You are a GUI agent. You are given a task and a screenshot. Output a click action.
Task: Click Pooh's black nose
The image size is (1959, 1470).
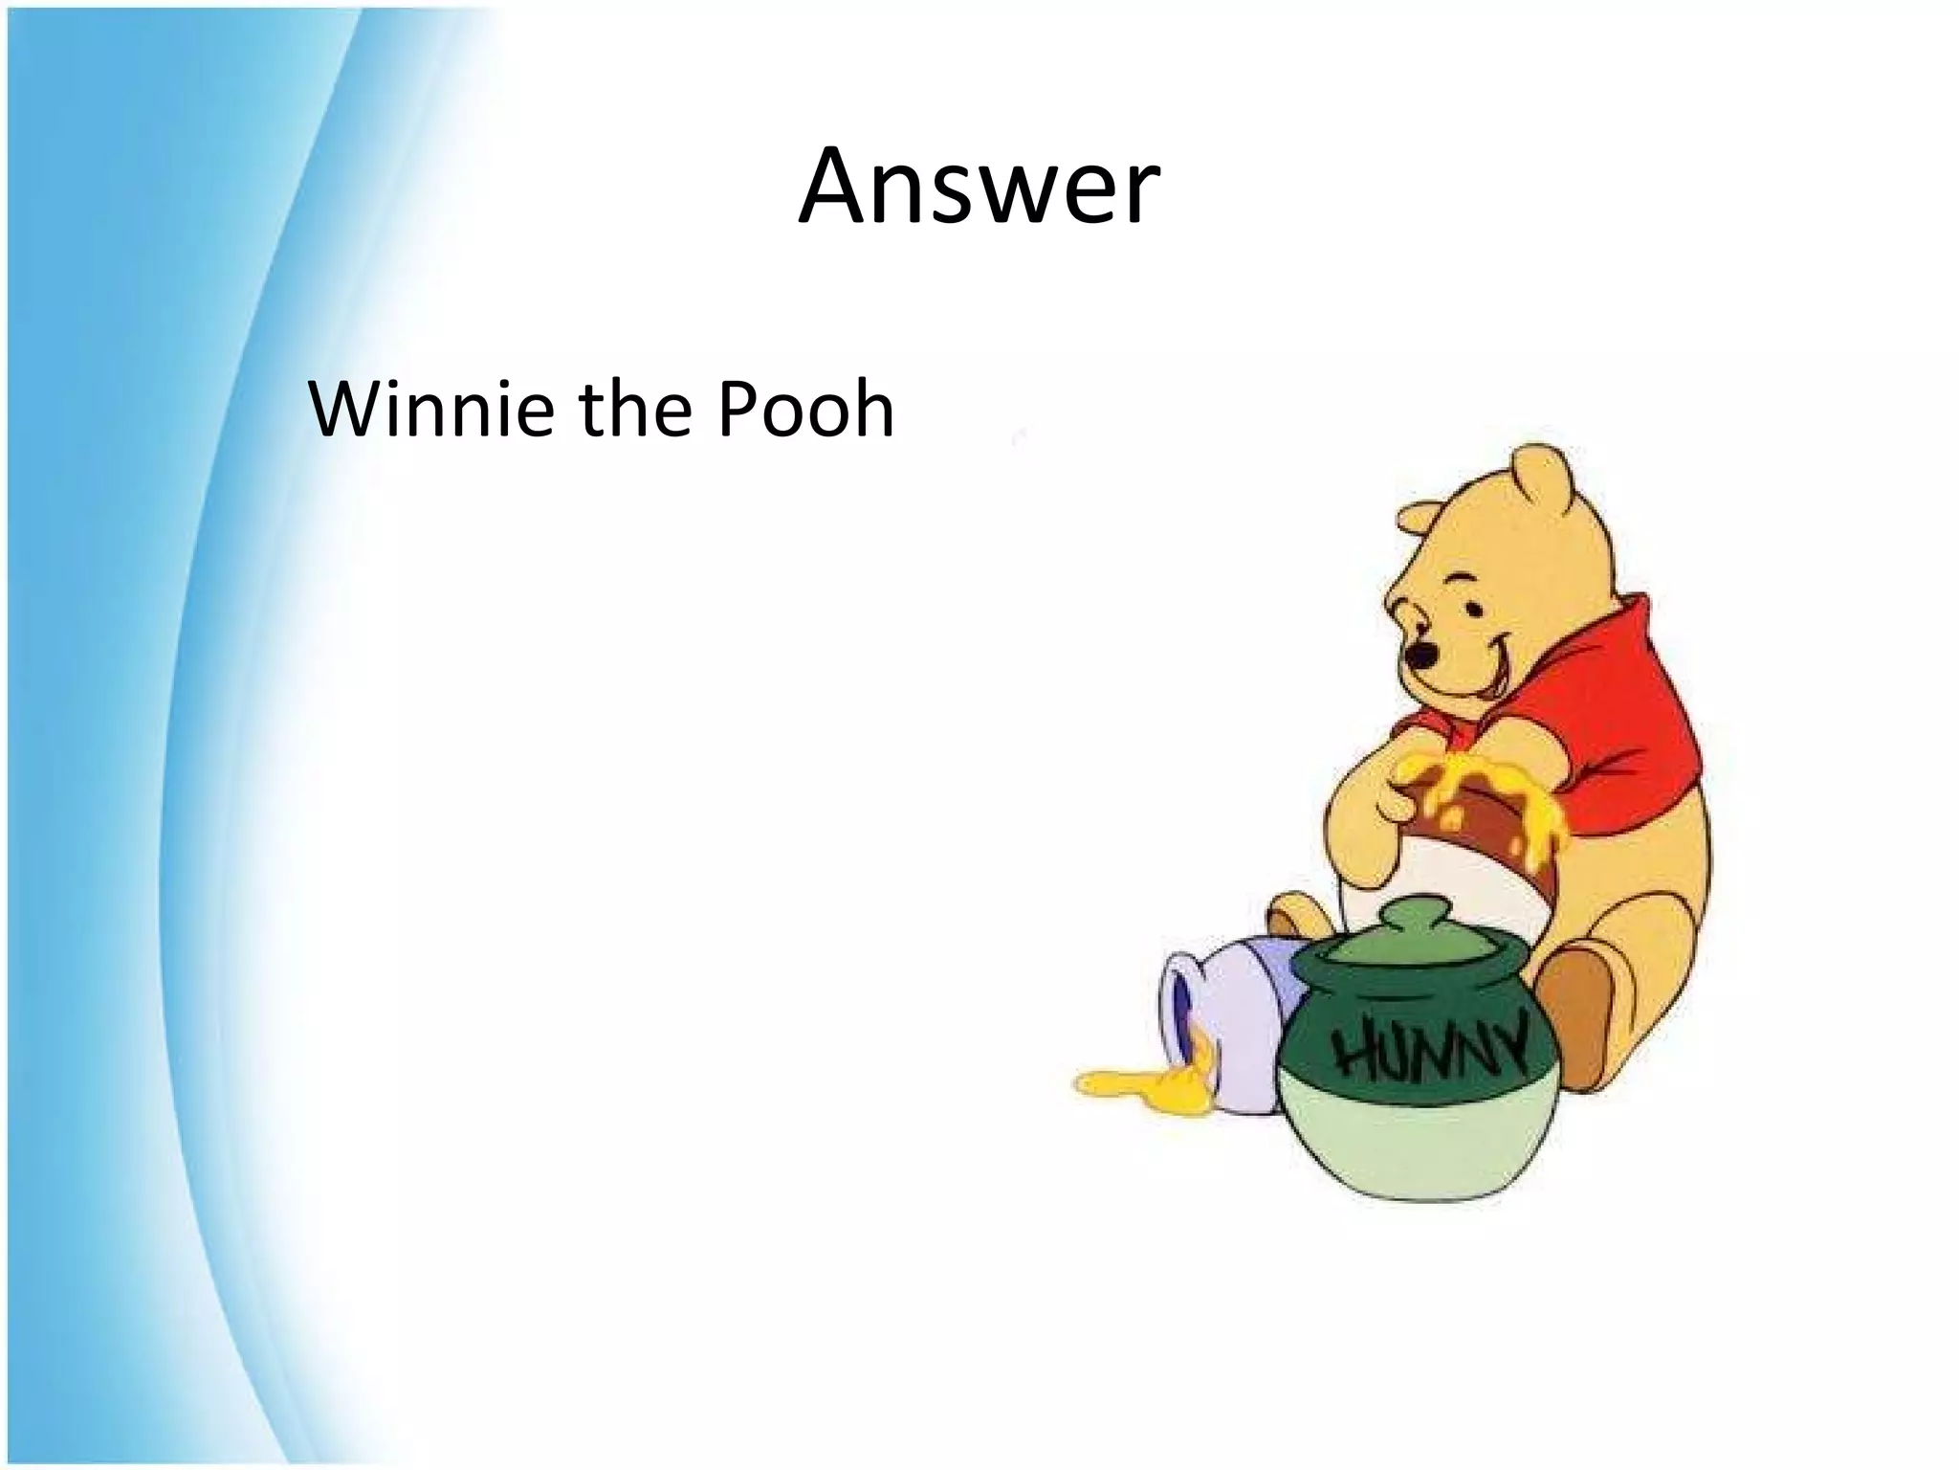coord(1424,656)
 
